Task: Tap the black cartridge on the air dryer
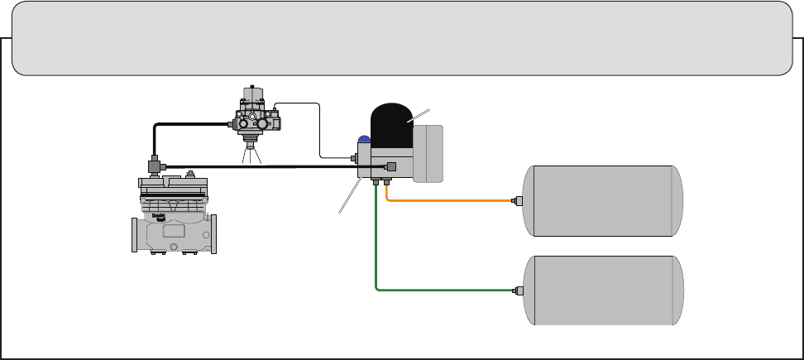click(x=391, y=125)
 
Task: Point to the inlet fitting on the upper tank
click(x=517, y=201)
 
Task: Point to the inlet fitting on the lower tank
click(x=517, y=290)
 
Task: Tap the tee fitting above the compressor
click(x=154, y=166)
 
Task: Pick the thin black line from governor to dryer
click(x=319, y=132)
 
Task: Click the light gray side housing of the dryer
click(x=428, y=153)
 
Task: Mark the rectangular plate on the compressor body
click(x=174, y=232)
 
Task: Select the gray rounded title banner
click(x=401, y=38)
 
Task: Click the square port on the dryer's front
click(x=391, y=166)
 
